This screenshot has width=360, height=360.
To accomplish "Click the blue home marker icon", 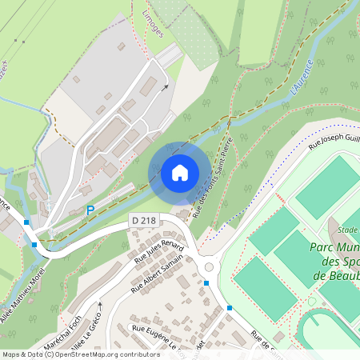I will click(x=179, y=173).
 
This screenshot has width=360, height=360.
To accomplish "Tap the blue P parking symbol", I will click(x=90, y=210).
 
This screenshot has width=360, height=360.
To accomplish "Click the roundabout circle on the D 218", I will click(x=210, y=267).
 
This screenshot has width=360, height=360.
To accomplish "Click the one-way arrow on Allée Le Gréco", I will click(x=101, y=306).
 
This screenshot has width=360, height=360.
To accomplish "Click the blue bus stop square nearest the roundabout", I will click(x=206, y=282).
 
